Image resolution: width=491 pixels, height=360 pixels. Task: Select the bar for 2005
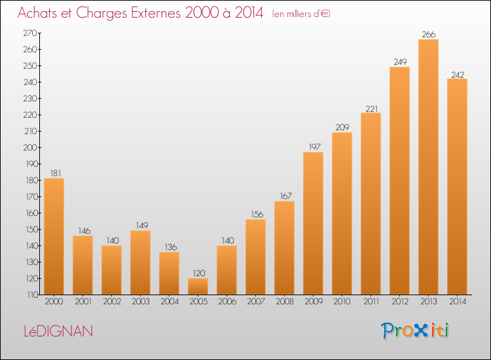[198, 287]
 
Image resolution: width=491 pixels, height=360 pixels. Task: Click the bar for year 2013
[428, 167]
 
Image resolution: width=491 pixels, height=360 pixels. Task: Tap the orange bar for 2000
[54, 236]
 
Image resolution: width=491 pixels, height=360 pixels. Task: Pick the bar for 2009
[313, 223]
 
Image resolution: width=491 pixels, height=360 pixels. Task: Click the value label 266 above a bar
[428, 35]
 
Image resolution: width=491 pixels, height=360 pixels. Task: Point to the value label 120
[198, 274]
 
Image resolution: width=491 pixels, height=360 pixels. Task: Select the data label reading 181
[56, 173]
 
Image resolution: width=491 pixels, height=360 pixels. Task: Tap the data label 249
[400, 62]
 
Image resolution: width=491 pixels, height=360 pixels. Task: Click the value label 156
[257, 215]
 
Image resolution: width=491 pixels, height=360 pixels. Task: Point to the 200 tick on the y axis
[30, 147]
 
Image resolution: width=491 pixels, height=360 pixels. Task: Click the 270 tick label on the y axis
[30, 33]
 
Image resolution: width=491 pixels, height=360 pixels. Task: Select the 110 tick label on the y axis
[31, 295]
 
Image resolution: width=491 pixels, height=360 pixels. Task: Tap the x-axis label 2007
[256, 302]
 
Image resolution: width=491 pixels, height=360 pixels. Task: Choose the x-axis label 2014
[458, 302]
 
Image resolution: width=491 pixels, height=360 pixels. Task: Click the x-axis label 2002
[112, 302]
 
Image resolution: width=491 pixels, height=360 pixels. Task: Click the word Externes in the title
[156, 12]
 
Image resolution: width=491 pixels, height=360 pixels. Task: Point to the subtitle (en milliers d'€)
[301, 14]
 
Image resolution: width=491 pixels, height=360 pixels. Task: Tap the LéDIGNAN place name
[58, 331]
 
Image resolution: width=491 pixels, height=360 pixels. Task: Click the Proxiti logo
[415, 331]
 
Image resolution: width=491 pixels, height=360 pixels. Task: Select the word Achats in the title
[38, 12]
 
